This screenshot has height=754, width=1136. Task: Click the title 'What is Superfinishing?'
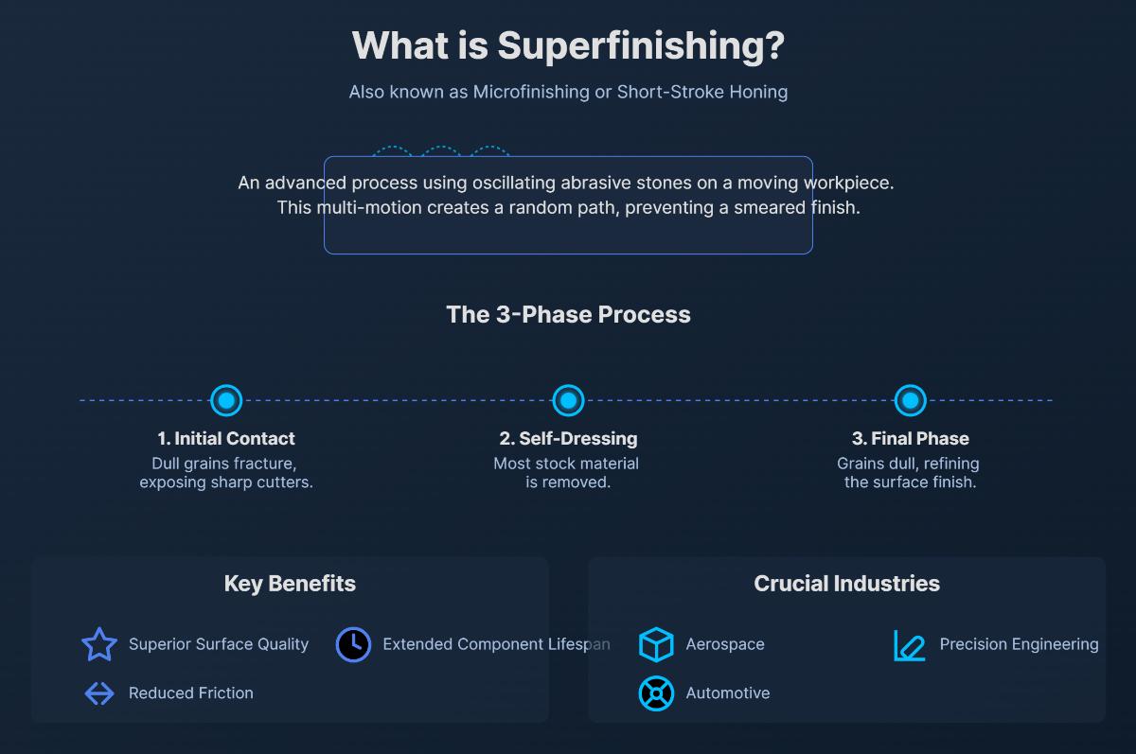coord(568,45)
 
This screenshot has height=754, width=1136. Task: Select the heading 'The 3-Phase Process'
coord(568,314)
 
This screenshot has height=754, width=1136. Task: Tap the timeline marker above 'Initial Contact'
coord(225,400)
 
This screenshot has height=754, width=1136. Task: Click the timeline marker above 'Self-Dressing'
coord(568,400)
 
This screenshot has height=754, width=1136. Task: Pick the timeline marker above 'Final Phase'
coord(910,400)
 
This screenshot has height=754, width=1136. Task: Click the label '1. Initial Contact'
coord(225,438)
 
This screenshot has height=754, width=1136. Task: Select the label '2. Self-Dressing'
coord(568,438)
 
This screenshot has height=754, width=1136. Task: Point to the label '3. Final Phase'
coord(910,438)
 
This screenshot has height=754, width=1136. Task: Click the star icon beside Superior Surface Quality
coord(99,644)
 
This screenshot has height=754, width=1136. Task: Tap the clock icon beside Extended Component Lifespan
coord(353,644)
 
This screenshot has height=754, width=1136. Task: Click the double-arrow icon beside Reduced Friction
coord(99,693)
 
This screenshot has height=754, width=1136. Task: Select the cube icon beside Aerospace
coord(656,644)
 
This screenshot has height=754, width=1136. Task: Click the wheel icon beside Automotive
coord(656,693)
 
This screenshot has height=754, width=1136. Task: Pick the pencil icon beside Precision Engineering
coord(910,645)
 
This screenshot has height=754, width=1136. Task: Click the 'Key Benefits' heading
coord(290,583)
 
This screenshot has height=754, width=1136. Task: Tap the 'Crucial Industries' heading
coord(846,583)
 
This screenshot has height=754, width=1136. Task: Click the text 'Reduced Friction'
coord(191,693)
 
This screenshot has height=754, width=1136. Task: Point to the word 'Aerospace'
coord(725,644)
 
